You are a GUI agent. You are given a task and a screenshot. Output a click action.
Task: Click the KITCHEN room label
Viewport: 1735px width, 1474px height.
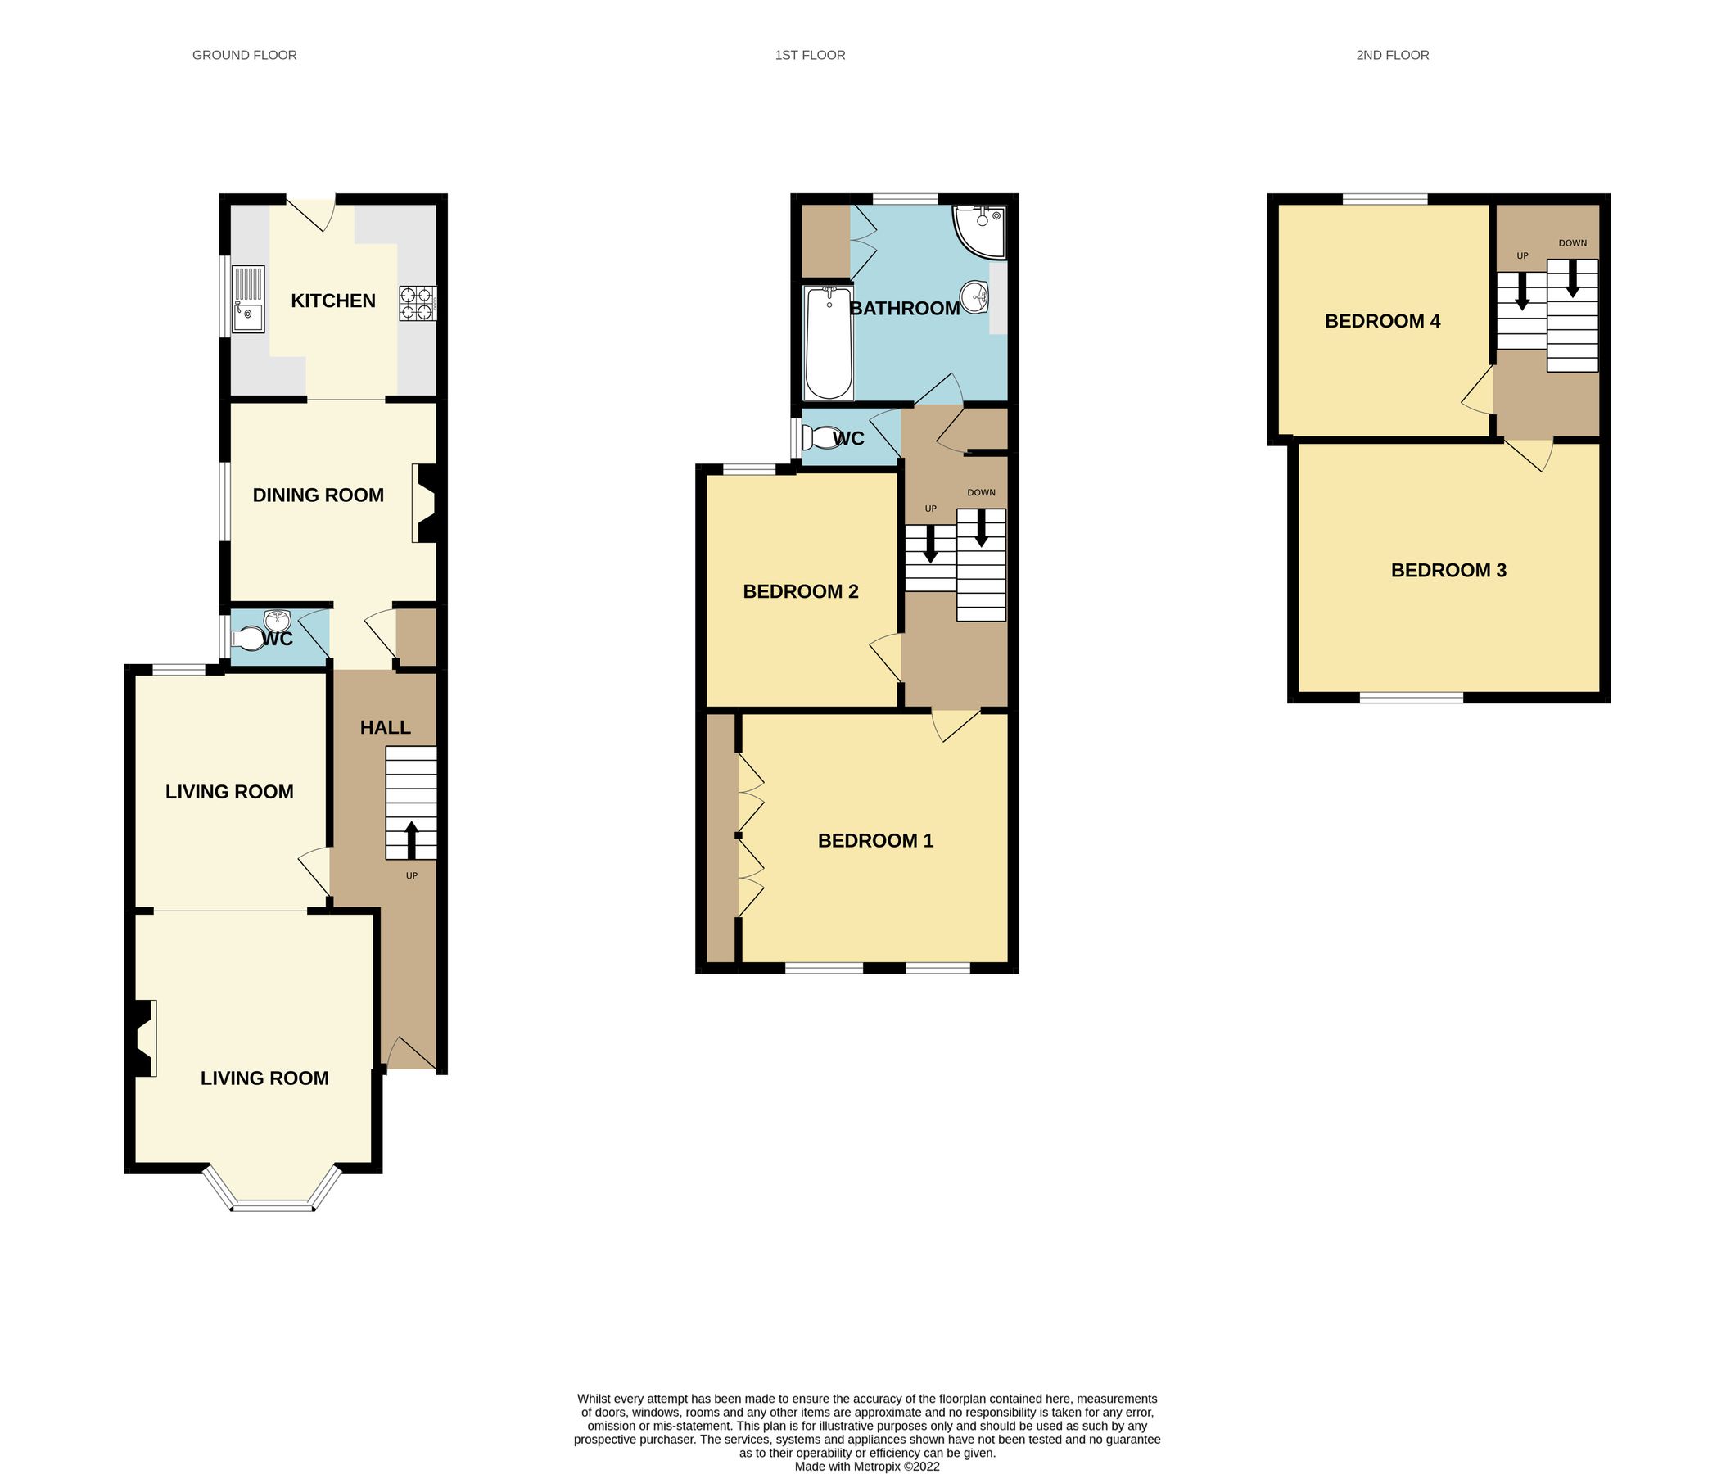[332, 301]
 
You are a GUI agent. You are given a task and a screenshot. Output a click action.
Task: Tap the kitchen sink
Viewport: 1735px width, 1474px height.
[248, 299]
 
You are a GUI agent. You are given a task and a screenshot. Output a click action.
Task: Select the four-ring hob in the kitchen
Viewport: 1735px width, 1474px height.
[417, 303]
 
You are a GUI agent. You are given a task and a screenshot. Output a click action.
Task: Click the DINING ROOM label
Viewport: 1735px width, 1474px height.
[319, 495]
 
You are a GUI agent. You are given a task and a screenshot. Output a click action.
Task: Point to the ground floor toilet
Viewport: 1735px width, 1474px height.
[247, 640]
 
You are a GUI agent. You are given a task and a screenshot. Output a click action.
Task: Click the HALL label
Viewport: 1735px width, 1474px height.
[385, 727]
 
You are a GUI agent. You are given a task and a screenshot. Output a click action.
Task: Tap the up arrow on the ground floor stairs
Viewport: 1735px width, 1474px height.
[411, 840]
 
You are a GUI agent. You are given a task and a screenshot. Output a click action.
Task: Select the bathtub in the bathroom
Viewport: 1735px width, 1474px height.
[828, 344]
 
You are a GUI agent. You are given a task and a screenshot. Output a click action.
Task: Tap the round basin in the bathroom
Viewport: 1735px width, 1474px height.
[975, 296]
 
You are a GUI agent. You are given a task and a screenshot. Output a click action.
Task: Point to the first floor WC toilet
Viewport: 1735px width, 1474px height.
[820, 438]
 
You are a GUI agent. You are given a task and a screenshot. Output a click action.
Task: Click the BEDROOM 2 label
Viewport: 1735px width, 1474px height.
[800, 591]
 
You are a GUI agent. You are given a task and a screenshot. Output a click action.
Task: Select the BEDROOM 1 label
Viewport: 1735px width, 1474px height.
[874, 841]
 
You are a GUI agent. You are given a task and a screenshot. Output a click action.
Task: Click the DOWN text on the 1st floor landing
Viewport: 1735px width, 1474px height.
[981, 492]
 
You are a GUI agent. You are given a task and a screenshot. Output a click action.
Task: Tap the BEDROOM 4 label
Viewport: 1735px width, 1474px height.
[1381, 321]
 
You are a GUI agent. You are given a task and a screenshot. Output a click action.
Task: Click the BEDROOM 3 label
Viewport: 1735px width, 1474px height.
[1448, 570]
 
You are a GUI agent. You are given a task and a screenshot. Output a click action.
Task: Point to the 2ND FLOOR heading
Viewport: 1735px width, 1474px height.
[1392, 55]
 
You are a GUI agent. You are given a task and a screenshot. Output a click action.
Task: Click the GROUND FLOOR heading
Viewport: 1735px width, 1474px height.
[244, 55]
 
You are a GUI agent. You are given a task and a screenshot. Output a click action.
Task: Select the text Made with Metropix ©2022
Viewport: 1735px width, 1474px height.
[866, 1466]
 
